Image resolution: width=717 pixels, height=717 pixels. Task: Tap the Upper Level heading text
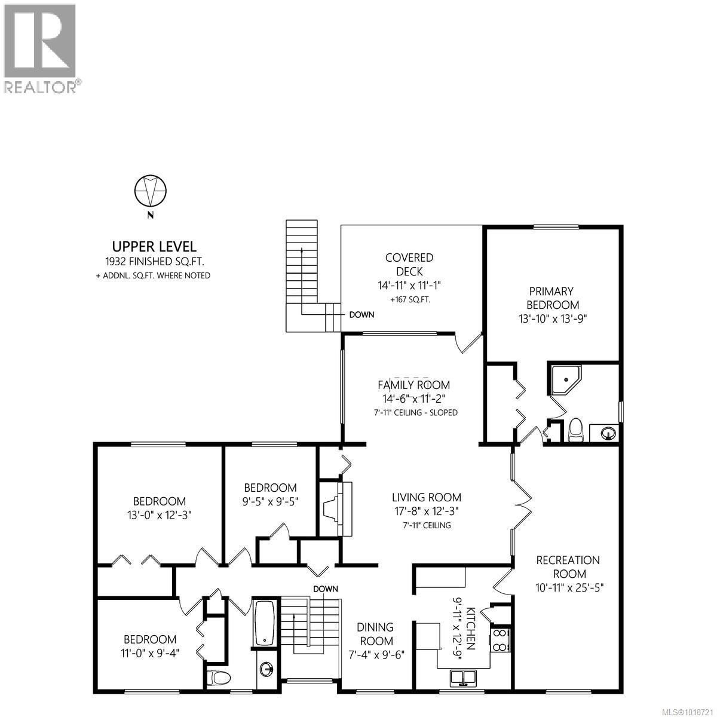point(154,246)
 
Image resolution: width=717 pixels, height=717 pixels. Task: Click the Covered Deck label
point(409,265)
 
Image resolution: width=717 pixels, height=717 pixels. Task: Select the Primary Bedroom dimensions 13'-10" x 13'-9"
point(553,318)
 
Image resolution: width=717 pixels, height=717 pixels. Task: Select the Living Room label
point(426,497)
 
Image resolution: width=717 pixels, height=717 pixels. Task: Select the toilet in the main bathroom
point(219,678)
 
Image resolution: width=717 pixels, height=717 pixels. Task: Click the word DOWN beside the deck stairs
point(361,314)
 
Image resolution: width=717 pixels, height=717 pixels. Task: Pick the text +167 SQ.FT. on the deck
point(409,300)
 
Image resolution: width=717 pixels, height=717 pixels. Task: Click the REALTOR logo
point(40,48)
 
